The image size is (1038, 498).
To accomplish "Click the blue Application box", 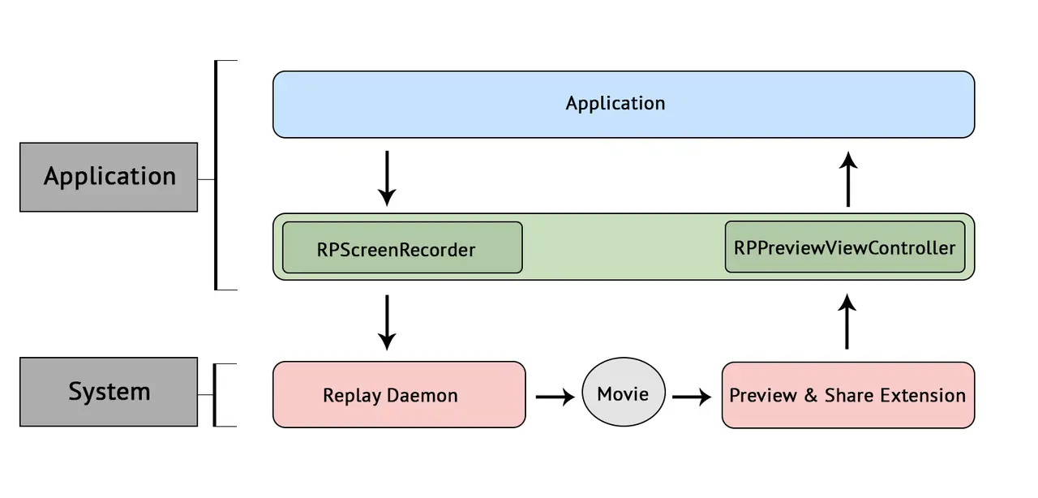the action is coord(624,105).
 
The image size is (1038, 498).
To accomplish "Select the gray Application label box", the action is coord(109,177).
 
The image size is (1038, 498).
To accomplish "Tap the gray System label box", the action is coord(109,392).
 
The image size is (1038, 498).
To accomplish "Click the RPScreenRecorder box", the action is coord(402,247).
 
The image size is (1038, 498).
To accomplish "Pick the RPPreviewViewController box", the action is coord(845,247).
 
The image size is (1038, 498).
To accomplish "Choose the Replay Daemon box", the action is coord(399,395).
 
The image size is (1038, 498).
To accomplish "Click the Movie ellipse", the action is coord(624,392).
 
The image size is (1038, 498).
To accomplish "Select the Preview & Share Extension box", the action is coord(848,395).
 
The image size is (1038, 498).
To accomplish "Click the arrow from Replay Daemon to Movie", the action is coord(555,397).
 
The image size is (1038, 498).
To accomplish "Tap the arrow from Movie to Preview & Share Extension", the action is coord(692,397).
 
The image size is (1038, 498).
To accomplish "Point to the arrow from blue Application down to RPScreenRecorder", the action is coord(387,178).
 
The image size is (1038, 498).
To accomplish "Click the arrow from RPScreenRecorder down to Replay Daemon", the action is coord(387,322).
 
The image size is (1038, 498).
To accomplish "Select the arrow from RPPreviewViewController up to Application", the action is coord(848,179).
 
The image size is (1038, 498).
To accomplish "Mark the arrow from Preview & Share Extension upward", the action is coord(847,321).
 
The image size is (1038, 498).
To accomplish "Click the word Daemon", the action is coord(422,396).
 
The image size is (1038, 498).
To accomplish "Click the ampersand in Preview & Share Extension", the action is coord(810,396).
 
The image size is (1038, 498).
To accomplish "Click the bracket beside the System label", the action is coord(215,395).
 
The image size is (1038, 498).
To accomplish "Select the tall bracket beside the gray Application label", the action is coord(216,175).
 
